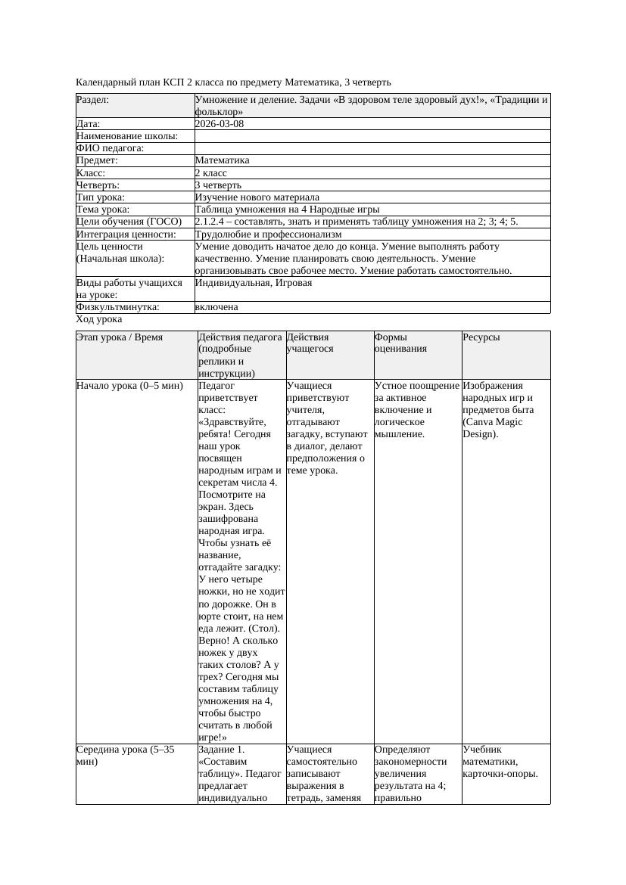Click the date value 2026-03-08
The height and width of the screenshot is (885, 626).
coord(220,124)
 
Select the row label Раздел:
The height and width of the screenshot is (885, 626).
coord(92,100)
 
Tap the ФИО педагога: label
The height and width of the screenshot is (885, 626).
coord(111,148)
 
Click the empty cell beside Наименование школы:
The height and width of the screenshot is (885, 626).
coord(372,136)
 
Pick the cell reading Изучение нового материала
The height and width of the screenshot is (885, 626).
coord(257,197)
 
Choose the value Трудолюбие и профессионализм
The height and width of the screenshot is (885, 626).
coord(268,234)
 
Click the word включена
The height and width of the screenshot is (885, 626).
coord(216,307)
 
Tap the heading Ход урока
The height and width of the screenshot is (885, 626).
coord(99,319)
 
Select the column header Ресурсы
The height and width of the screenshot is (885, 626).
coord(481,337)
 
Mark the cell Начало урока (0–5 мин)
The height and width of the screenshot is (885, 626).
coord(129,386)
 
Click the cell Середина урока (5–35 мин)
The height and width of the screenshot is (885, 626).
coord(126,755)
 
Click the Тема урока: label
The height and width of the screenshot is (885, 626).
coord(103,210)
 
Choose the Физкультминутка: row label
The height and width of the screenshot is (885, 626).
coord(117,307)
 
